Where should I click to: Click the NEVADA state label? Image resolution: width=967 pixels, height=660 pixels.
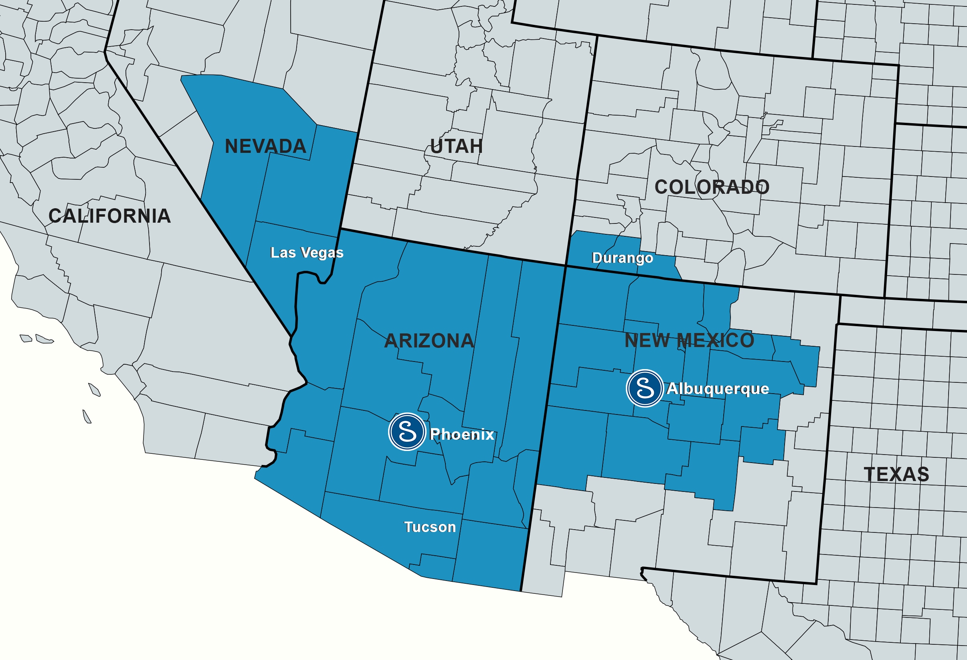coord(265,146)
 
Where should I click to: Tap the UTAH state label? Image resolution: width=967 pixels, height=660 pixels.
coord(457,146)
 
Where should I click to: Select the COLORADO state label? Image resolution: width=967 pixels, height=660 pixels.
coord(712,187)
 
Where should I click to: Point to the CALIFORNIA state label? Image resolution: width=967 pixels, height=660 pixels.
coord(109,216)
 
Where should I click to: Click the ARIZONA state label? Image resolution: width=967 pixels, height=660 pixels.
coord(429,341)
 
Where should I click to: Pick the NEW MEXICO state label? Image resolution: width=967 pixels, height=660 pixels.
coord(690,340)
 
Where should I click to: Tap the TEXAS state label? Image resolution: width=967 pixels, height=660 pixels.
coord(896,474)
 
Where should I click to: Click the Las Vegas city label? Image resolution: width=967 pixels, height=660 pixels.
coord(307,253)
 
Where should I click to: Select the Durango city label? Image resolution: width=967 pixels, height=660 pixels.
coord(623,258)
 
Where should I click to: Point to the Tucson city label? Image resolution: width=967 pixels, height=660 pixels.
coord(430,527)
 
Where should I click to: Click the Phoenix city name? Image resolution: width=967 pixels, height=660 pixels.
coord(462,434)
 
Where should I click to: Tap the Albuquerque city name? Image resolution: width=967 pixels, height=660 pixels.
coord(718,388)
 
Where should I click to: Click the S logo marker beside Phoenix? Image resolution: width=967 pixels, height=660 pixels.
coord(407,432)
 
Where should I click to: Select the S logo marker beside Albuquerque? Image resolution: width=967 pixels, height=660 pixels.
coord(645,388)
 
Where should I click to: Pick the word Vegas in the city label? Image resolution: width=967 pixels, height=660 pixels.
coord(322,253)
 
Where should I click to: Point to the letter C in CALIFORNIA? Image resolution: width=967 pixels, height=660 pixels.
coord(55,216)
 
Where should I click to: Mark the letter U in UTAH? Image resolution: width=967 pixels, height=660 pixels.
coord(437,146)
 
